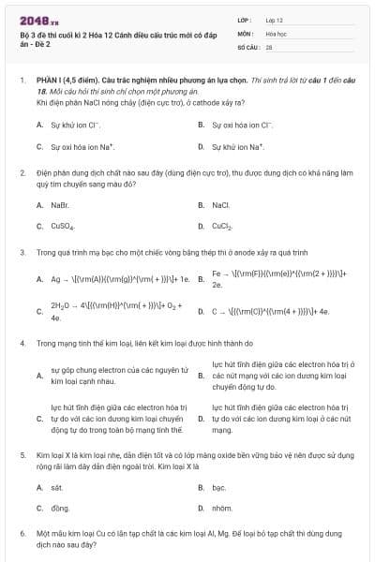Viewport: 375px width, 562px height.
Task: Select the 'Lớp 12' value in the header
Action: pyautogui.click(x=275, y=19)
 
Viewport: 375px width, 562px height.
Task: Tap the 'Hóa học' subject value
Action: pyautogui.click(x=276, y=32)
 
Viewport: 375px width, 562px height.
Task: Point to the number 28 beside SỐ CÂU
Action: pyautogui.click(x=269, y=46)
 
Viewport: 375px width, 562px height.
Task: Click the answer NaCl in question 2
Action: pyautogui.click(x=220, y=204)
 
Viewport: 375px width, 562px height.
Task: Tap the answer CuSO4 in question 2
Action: pyautogui.click(x=62, y=226)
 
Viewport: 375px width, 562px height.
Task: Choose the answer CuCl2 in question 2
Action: pyautogui.click(x=222, y=226)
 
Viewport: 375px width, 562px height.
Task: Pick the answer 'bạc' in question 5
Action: pyautogui.click(x=218, y=487)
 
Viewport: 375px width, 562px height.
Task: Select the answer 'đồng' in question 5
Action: pyautogui.click(x=60, y=508)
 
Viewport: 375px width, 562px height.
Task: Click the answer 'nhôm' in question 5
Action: pyautogui.click(x=221, y=508)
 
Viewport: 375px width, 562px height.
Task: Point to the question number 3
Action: pyautogui.click(x=22, y=252)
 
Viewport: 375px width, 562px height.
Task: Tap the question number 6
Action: pyautogui.click(x=22, y=532)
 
